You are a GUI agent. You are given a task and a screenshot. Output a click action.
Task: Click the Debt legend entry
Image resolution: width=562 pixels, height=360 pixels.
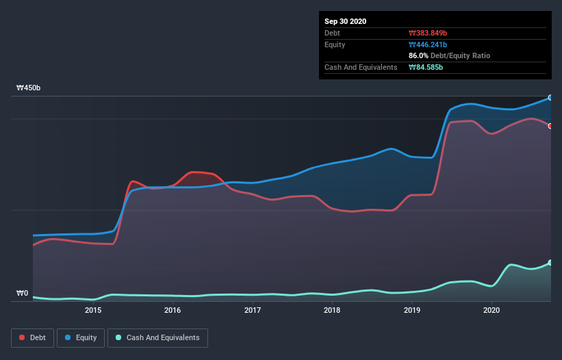pyautogui.click(x=32, y=337)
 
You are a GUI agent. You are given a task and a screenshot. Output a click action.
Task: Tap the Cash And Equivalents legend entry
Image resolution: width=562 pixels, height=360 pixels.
pyautogui.click(x=157, y=337)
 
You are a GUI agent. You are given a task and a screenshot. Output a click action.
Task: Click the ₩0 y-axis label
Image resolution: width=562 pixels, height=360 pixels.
pyautogui.click(x=22, y=294)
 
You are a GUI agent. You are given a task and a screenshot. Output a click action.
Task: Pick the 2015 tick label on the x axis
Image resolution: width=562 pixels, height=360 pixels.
pyautogui.click(x=93, y=310)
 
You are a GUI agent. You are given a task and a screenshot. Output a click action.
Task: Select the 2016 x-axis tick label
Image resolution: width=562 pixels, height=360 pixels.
pyautogui.click(x=173, y=310)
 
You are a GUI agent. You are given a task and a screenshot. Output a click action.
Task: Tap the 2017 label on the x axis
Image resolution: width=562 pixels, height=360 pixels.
pyautogui.click(x=253, y=310)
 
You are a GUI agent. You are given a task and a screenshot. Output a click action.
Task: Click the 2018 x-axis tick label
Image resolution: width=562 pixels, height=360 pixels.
pyautogui.click(x=332, y=310)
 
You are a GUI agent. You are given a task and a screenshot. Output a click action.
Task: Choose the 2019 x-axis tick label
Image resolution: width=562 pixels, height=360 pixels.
pyautogui.click(x=412, y=310)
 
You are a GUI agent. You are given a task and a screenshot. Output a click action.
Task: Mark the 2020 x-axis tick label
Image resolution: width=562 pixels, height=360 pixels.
pyautogui.click(x=491, y=310)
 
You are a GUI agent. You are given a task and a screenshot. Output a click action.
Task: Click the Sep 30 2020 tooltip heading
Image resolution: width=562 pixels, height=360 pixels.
pyautogui.click(x=345, y=21)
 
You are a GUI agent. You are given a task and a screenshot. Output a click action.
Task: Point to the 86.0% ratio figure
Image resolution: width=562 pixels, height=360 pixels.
pyautogui.click(x=419, y=55)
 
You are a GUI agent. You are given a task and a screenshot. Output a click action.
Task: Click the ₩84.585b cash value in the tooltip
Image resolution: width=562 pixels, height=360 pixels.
pyautogui.click(x=426, y=67)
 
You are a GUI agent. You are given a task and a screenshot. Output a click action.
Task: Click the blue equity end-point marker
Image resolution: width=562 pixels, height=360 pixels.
pyautogui.click(x=550, y=98)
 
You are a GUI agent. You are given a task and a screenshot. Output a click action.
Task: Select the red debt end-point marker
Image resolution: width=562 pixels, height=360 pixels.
pyautogui.click(x=550, y=126)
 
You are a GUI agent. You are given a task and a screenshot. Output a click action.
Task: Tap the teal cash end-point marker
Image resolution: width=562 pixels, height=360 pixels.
pyautogui.click(x=550, y=263)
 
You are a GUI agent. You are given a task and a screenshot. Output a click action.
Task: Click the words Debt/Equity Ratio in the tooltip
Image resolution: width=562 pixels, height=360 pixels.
pyautogui.click(x=460, y=55)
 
